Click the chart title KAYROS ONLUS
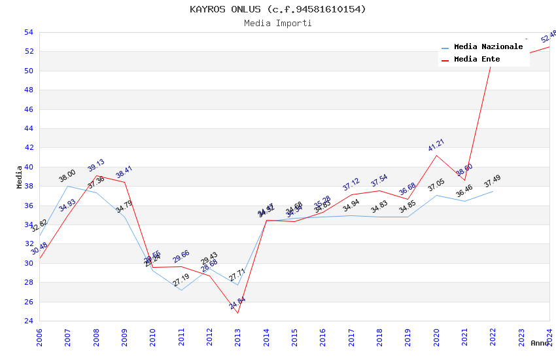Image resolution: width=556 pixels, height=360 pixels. (x=278, y=9)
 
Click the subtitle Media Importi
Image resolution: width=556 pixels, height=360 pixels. (x=278, y=23)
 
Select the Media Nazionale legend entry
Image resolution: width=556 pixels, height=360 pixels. (x=488, y=47)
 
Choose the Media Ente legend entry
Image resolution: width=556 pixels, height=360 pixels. (x=477, y=60)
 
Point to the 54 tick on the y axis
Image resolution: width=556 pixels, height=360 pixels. (x=29, y=32)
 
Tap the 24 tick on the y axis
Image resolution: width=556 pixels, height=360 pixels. (x=29, y=321)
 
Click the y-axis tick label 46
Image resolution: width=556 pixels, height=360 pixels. (x=29, y=109)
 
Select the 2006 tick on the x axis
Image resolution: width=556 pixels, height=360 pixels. (x=39, y=337)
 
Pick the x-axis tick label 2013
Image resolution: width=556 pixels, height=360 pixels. (x=237, y=337)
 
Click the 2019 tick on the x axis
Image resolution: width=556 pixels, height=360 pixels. (x=408, y=337)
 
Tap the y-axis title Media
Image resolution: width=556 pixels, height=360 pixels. (x=20, y=177)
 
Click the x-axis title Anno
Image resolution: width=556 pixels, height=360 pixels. (x=540, y=343)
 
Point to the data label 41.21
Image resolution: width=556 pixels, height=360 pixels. (x=436, y=145)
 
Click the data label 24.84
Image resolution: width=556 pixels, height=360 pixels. (x=237, y=303)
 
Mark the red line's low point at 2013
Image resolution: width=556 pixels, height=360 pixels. (x=237, y=313)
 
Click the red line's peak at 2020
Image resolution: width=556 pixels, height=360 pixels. (x=436, y=155)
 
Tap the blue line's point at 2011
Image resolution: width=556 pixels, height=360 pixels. (x=181, y=290)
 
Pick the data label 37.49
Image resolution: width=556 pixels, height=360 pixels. (x=493, y=181)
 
